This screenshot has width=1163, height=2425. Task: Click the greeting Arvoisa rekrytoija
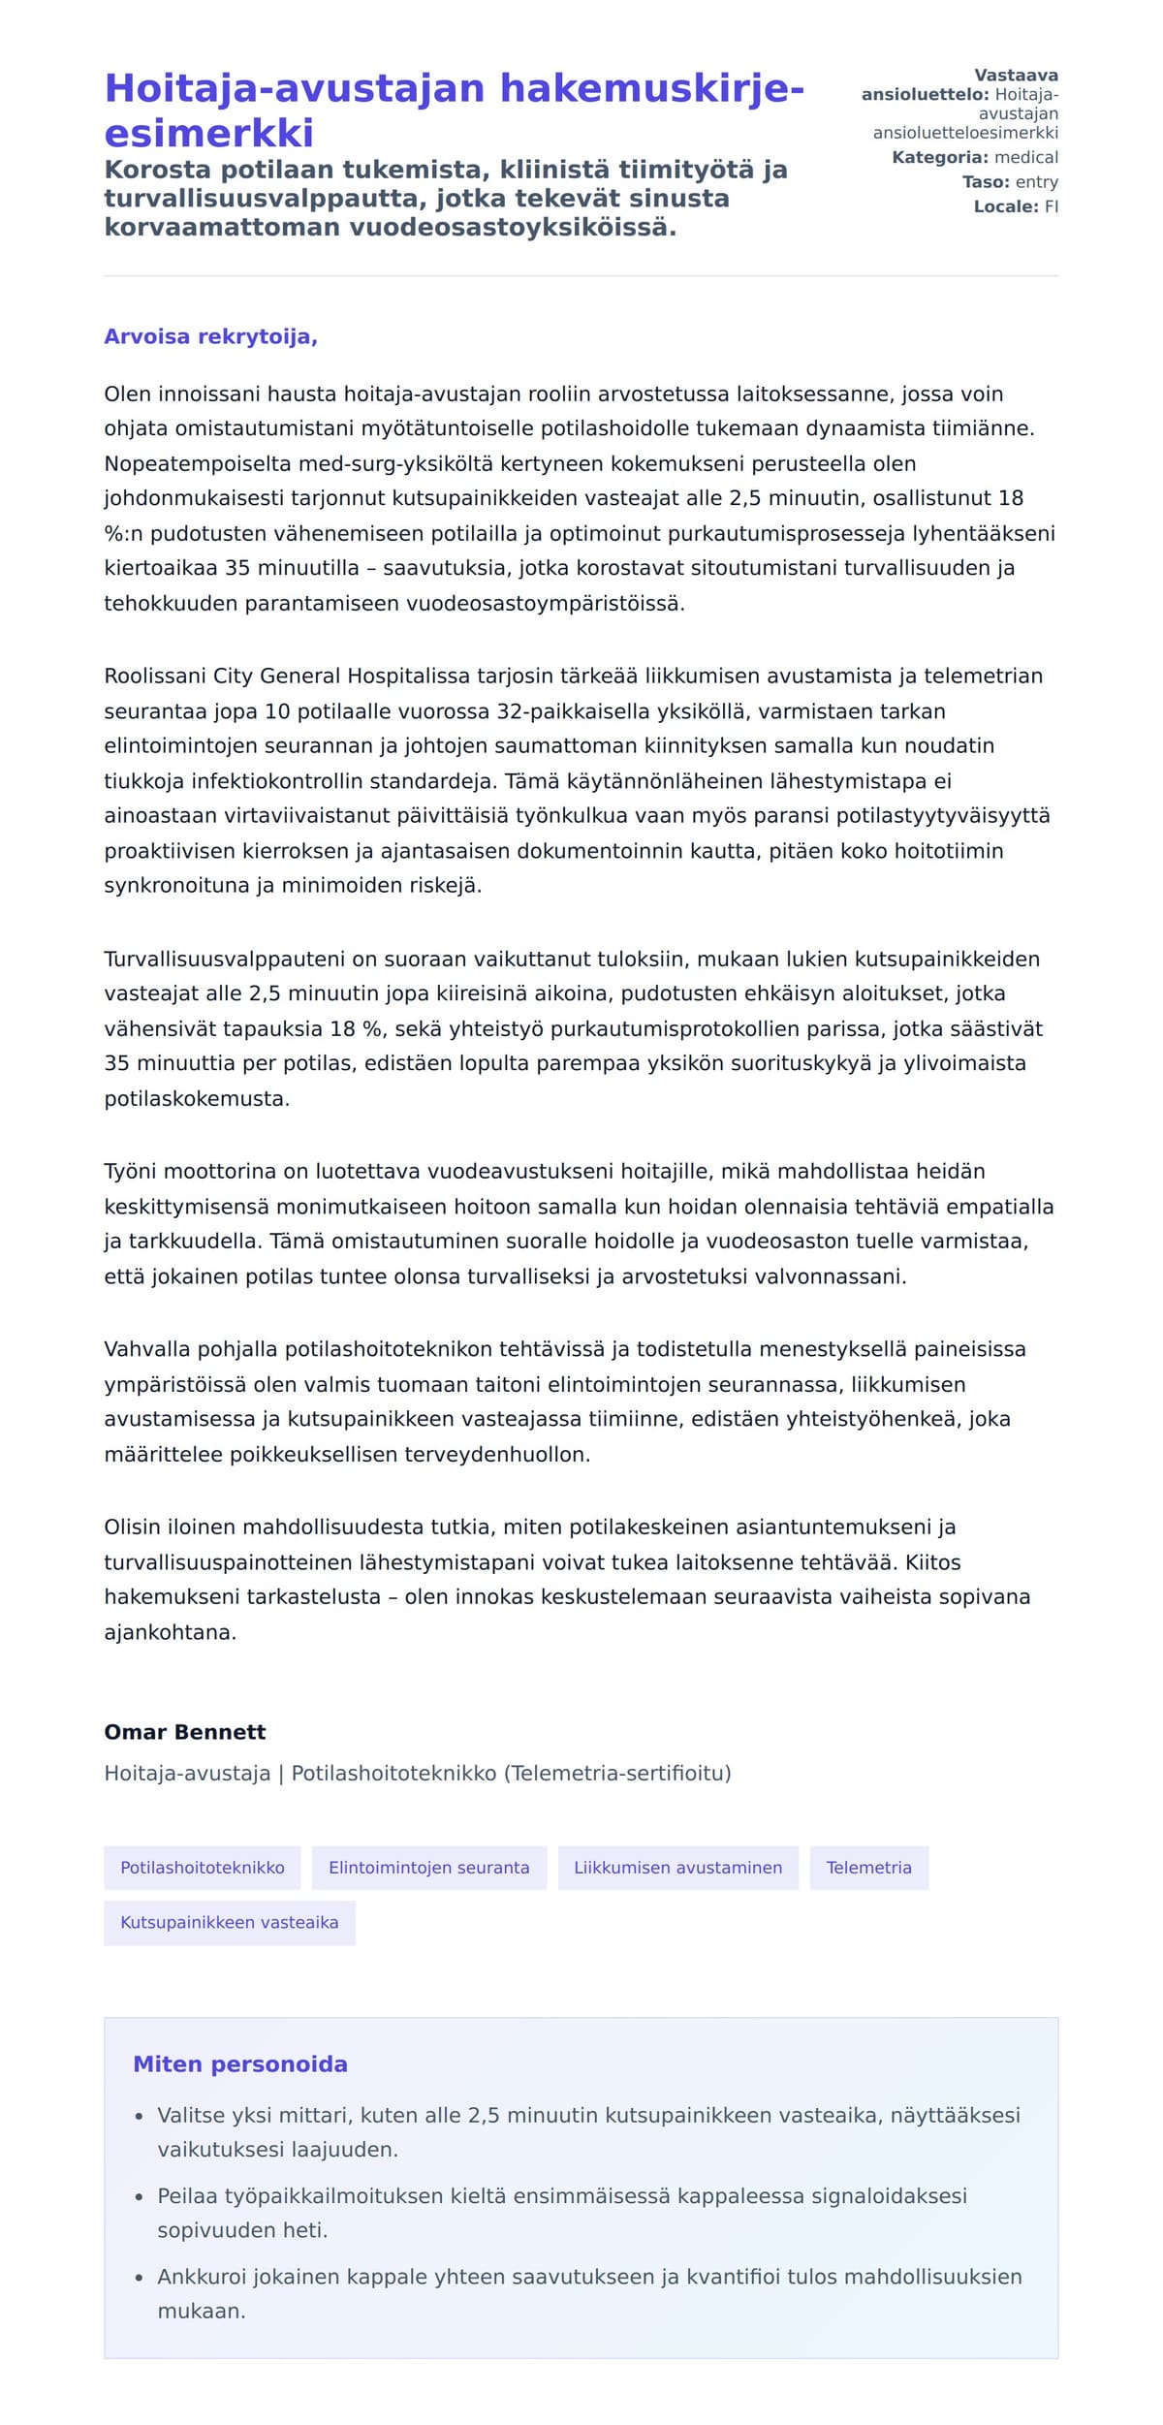210,336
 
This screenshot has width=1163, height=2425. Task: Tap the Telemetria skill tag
868,1867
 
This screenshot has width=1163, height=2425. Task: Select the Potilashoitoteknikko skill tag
202,1867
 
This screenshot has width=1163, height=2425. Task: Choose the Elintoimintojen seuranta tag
428,1867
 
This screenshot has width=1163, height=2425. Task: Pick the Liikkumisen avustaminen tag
677,1867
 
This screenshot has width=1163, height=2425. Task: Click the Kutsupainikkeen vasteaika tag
229,1922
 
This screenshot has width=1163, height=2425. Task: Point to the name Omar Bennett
184,1731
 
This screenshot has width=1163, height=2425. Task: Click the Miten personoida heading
239,2063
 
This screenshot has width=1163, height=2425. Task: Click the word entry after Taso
1036,182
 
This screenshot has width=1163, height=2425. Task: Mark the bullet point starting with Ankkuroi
589,2292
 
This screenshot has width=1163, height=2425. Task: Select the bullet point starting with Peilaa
562,2212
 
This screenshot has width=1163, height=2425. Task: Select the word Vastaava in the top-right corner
1016,76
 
